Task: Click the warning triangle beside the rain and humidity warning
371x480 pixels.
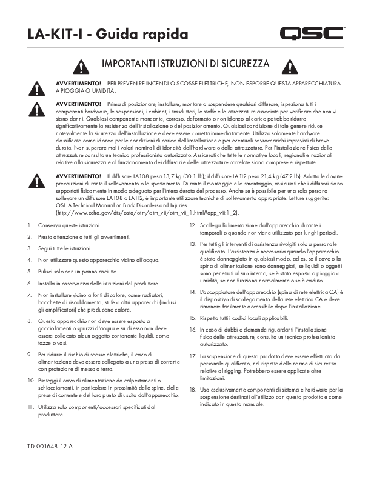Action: click(38, 87)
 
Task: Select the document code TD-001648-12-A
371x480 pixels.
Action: click(50, 447)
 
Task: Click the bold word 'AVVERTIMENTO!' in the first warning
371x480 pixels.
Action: click(78, 82)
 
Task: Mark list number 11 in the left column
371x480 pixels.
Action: click(30, 407)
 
